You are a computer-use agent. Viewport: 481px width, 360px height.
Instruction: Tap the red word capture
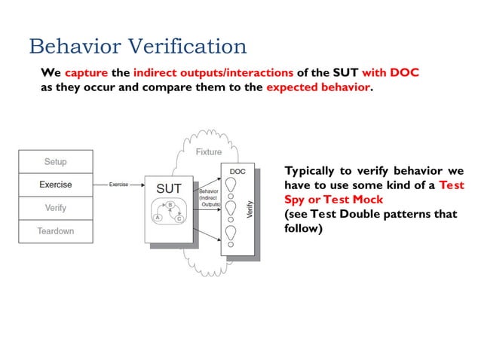87,73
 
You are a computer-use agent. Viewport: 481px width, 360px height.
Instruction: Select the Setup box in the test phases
56,161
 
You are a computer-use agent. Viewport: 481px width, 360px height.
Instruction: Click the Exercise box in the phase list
56,184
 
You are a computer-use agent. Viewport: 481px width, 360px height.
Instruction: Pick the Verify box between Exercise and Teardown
56,207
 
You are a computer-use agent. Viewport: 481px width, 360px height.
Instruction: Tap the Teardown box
56,230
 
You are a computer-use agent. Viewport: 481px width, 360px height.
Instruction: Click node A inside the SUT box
158,217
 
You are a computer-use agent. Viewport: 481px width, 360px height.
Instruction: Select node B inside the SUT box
170,205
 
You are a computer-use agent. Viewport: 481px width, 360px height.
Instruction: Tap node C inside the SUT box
180,218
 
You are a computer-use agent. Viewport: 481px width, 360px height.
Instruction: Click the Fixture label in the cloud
209,152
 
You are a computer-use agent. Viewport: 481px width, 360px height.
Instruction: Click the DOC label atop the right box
237,171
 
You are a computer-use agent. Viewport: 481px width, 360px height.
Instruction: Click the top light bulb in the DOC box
232,185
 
